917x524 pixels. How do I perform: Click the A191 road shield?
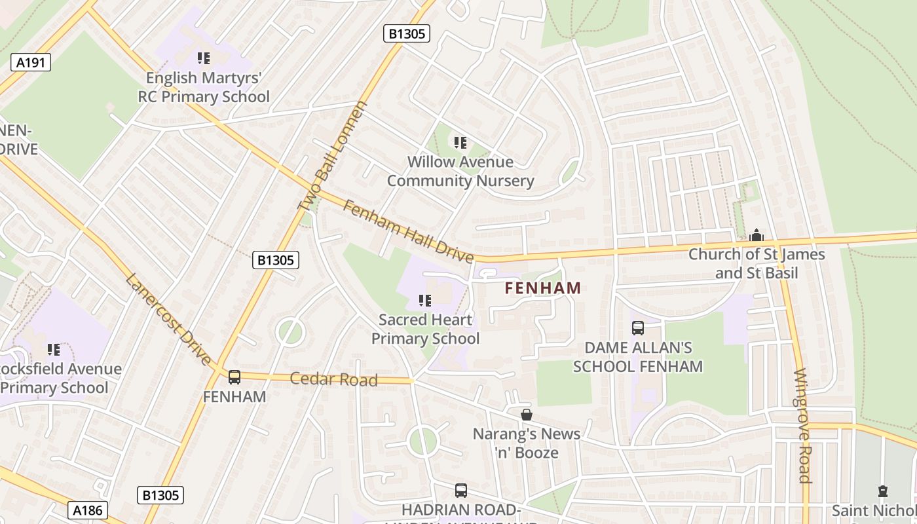(x=31, y=62)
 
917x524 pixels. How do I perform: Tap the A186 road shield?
(x=87, y=510)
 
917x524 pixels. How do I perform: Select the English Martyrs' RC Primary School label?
(x=203, y=87)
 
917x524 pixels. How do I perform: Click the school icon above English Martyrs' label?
(x=204, y=58)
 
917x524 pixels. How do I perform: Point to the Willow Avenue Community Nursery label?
(x=460, y=171)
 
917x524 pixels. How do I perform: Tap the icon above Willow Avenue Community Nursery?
(x=460, y=142)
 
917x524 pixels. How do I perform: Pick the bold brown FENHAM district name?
(x=543, y=288)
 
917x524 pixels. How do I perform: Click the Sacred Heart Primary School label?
(x=426, y=329)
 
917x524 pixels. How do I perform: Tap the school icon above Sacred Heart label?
(x=425, y=301)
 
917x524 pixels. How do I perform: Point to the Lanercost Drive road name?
(x=169, y=320)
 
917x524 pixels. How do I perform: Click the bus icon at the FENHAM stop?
(x=234, y=377)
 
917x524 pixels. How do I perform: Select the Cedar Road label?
(x=334, y=379)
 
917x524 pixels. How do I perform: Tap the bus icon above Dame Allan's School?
(x=637, y=328)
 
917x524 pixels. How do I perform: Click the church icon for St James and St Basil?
(x=757, y=235)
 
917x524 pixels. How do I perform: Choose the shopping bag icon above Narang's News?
(x=527, y=415)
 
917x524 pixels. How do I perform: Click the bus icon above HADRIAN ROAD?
(x=461, y=490)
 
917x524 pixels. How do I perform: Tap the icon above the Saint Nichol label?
(x=883, y=491)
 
